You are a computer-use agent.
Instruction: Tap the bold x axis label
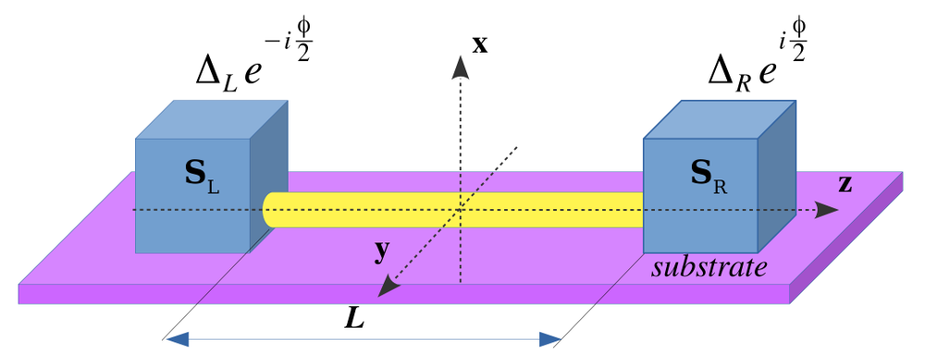(479, 43)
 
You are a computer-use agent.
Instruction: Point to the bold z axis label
(845, 183)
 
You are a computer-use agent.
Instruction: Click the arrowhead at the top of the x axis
(460, 64)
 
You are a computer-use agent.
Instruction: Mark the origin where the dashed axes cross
(460, 210)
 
